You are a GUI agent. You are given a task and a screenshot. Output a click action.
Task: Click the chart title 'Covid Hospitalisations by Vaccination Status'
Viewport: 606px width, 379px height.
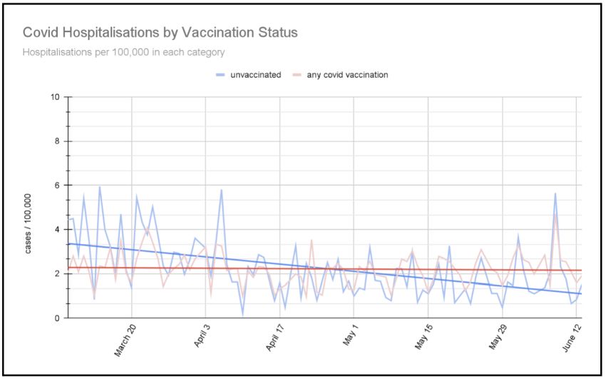[160, 33]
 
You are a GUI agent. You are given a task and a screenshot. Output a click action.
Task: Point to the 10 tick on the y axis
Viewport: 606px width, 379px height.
[56, 96]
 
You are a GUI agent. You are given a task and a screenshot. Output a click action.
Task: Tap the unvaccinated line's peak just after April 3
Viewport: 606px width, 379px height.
[222, 190]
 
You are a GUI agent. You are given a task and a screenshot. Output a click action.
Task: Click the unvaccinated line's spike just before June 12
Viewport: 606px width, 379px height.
[555, 193]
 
